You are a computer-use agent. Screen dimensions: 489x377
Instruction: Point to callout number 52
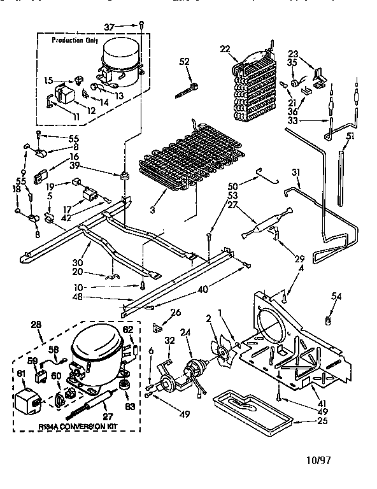(x=185, y=61)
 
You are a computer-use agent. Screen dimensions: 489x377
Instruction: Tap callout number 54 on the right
(x=337, y=295)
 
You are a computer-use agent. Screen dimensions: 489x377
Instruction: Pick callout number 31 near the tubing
(x=295, y=172)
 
